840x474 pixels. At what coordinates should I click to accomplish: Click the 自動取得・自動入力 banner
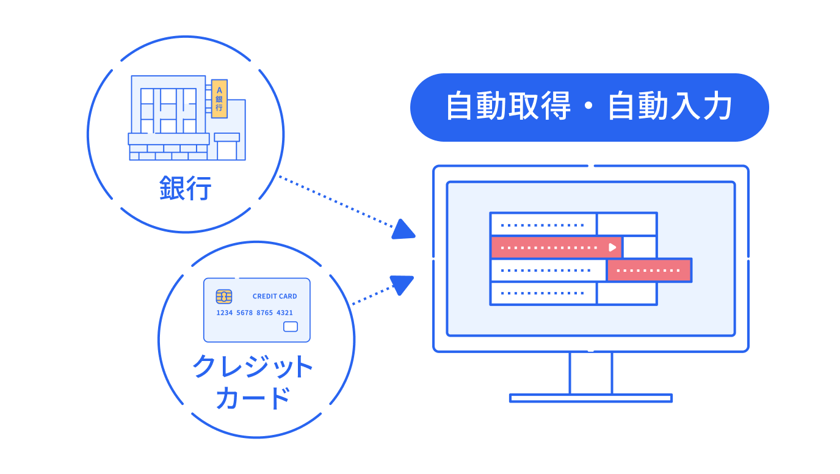pyautogui.click(x=589, y=108)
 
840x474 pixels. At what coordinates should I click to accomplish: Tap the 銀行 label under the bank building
pyautogui.click(x=185, y=189)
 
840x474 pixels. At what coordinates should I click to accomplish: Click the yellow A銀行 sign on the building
pyautogui.click(x=219, y=98)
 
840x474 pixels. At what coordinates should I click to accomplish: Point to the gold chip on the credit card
pyautogui.click(x=224, y=297)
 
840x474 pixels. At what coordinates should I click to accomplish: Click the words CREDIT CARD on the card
pyautogui.click(x=275, y=296)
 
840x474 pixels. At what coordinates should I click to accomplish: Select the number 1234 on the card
pyautogui.click(x=225, y=313)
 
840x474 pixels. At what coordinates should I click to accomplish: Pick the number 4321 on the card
pyautogui.click(x=284, y=313)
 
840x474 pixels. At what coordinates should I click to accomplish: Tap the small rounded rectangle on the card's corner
pyautogui.click(x=291, y=327)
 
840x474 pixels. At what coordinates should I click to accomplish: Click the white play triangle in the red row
pyautogui.click(x=612, y=247)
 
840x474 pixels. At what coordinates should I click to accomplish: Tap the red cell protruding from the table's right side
pyautogui.click(x=649, y=270)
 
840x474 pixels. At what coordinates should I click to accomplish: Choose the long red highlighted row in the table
pyautogui.click(x=556, y=247)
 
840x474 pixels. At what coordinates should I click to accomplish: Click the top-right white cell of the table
pyautogui.click(x=626, y=224)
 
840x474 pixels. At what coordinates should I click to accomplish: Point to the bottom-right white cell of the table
pyautogui.click(x=626, y=293)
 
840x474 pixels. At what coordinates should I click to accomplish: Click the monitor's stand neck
pyautogui.click(x=590, y=373)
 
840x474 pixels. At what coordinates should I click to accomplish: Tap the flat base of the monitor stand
pyautogui.click(x=590, y=398)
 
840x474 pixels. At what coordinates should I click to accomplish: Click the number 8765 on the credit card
pyautogui.click(x=264, y=313)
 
